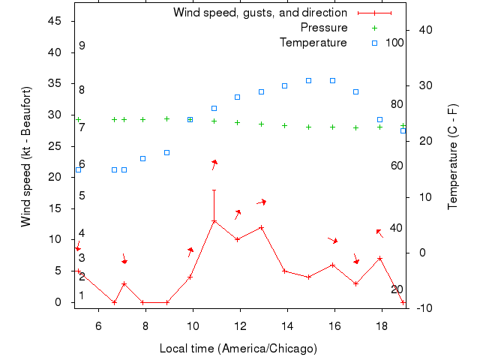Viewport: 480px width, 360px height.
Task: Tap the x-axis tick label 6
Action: coord(98,326)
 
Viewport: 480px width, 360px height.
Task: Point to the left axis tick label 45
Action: coord(55,21)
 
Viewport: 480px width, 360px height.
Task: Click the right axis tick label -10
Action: coord(420,308)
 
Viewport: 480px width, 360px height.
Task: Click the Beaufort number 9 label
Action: coord(82,46)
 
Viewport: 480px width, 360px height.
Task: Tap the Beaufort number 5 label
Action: coord(82,196)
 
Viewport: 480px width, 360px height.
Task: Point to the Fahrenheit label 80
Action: coord(397,105)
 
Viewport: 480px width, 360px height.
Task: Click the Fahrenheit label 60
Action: coord(397,166)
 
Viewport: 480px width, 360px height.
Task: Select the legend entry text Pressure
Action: coord(323,28)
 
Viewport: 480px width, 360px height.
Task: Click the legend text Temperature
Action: coord(313,43)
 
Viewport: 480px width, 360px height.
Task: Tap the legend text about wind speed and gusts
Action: coord(259,13)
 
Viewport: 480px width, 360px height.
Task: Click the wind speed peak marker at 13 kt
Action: coord(214,221)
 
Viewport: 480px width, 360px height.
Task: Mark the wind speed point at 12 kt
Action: coord(261,227)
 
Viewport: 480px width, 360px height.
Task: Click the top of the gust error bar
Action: coord(214,190)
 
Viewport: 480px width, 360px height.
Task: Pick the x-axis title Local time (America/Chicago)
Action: coord(238,349)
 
